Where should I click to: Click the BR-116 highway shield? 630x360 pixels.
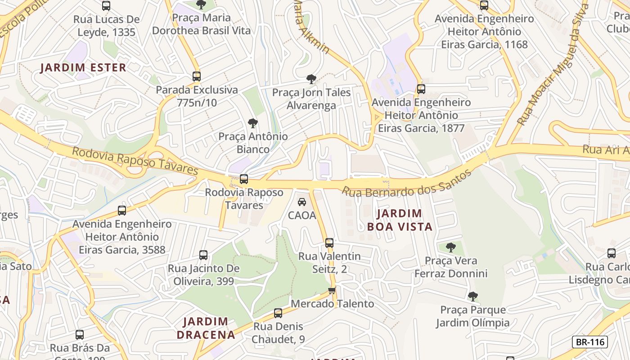point(589,342)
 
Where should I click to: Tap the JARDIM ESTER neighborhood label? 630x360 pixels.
point(83,68)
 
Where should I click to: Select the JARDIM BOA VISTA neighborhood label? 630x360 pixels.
point(400,220)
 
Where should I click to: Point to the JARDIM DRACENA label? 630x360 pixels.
point(206,328)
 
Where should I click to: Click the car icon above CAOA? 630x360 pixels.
point(302,202)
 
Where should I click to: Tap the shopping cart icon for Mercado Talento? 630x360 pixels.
point(332,290)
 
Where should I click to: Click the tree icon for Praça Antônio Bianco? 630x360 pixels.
point(253,123)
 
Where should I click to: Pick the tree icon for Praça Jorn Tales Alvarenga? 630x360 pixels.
point(311,79)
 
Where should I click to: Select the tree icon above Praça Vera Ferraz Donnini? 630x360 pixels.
point(450,247)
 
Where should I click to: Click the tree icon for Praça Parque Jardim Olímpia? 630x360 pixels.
point(472,296)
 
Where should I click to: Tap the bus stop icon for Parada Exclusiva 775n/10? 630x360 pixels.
point(196,76)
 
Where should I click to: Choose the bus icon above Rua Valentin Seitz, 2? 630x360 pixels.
point(329,243)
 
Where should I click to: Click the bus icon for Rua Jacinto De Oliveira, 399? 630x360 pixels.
point(203,255)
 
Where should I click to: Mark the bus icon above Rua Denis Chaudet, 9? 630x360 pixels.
point(278,313)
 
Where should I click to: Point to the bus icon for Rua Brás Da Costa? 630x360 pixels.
point(80,335)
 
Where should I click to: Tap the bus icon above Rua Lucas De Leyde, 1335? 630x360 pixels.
point(106,6)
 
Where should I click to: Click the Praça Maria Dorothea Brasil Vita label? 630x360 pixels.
point(201,24)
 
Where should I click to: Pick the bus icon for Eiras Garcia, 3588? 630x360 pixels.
point(121,211)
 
